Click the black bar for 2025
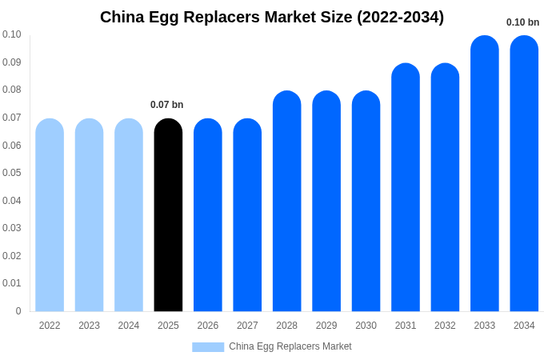coord(168,216)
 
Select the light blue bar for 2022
coord(50,216)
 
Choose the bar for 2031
coord(406,188)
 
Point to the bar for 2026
coord(208,216)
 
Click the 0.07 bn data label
coord(166,105)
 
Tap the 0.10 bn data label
coord(522,22)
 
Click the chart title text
coord(272,17)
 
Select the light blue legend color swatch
coord(208,347)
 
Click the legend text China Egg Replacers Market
coord(290,346)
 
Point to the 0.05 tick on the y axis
coord(12,173)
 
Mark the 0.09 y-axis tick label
coord(12,62)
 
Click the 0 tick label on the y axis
coord(18,311)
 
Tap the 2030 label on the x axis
coord(366,326)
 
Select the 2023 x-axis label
coord(89,326)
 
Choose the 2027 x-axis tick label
coord(247,326)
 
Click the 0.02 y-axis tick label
coord(12,256)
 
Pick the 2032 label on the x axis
coord(445,326)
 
